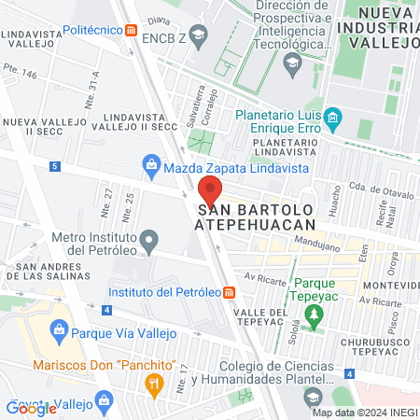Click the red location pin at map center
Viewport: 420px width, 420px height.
(210, 191)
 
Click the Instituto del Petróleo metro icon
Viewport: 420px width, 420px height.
(230, 291)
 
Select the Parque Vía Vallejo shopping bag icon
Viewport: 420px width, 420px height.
(59, 329)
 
